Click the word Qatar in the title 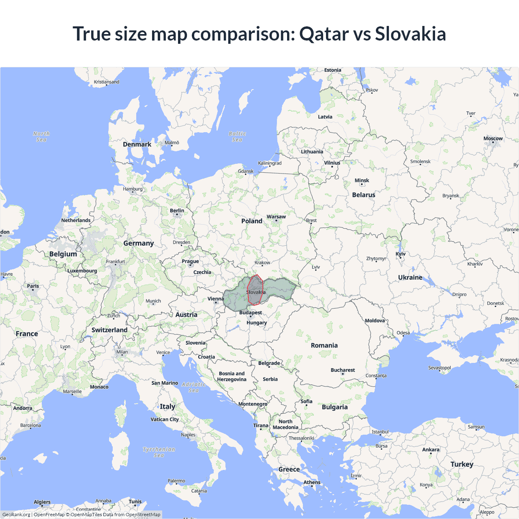pyautogui.click(x=324, y=34)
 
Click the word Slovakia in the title pyautogui.click(x=410, y=34)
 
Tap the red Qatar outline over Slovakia pyautogui.click(x=255, y=290)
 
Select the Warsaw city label pyautogui.click(x=276, y=217)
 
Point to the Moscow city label pyautogui.click(x=493, y=139)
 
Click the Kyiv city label pyautogui.click(x=401, y=254)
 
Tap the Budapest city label pyautogui.click(x=251, y=313)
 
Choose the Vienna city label pyautogui.click(x=216, y=299)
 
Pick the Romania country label pyautogui.click(x=324, y=345)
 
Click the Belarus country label pyautogui.click(x=364, y=195)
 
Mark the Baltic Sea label pyautogui.click(x=237, y=137)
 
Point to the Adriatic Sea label pyautogui.click(x=193, y=387)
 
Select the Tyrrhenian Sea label pyautogui.click(x=159, y=452)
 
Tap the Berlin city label pyautogui.click(x=177, y=210)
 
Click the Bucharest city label pyautogui.click(x=343, y=370)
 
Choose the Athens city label pyautogui.click(x=312, y=482)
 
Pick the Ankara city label pyautogui.click(x=431, y=450)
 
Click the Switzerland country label pyautogui.click(x=109, y=330)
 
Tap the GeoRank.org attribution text pyautogui.click(x=16, y=515)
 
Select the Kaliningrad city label pyautogui.click(x=270, y=163)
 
